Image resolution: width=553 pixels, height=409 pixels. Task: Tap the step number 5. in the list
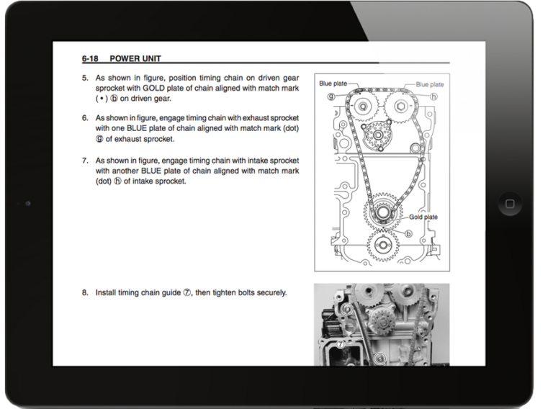pyautogui.click(x=84, y=76)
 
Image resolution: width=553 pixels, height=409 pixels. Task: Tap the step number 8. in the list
pyautogui.click(x=84, y=293)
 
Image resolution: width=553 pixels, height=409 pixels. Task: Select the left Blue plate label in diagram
pyautogui.click(x=333, y=84)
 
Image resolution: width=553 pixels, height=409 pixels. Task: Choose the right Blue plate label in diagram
pyautogui.click(x=430, y=84)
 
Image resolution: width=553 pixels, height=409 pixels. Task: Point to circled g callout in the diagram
pyautogui.click(x=329, y=94)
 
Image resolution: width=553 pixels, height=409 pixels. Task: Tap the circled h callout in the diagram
pyautogui.click(x=434, y=95)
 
